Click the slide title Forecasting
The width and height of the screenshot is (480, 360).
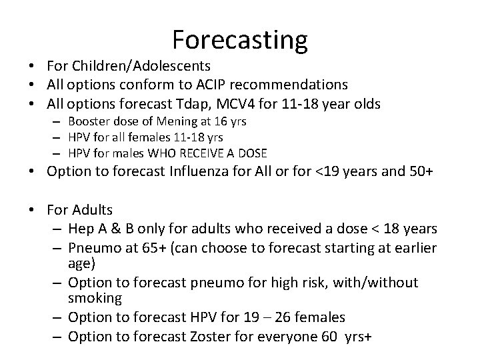(x=240, y=39)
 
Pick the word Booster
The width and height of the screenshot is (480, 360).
(x=87, y=121)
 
